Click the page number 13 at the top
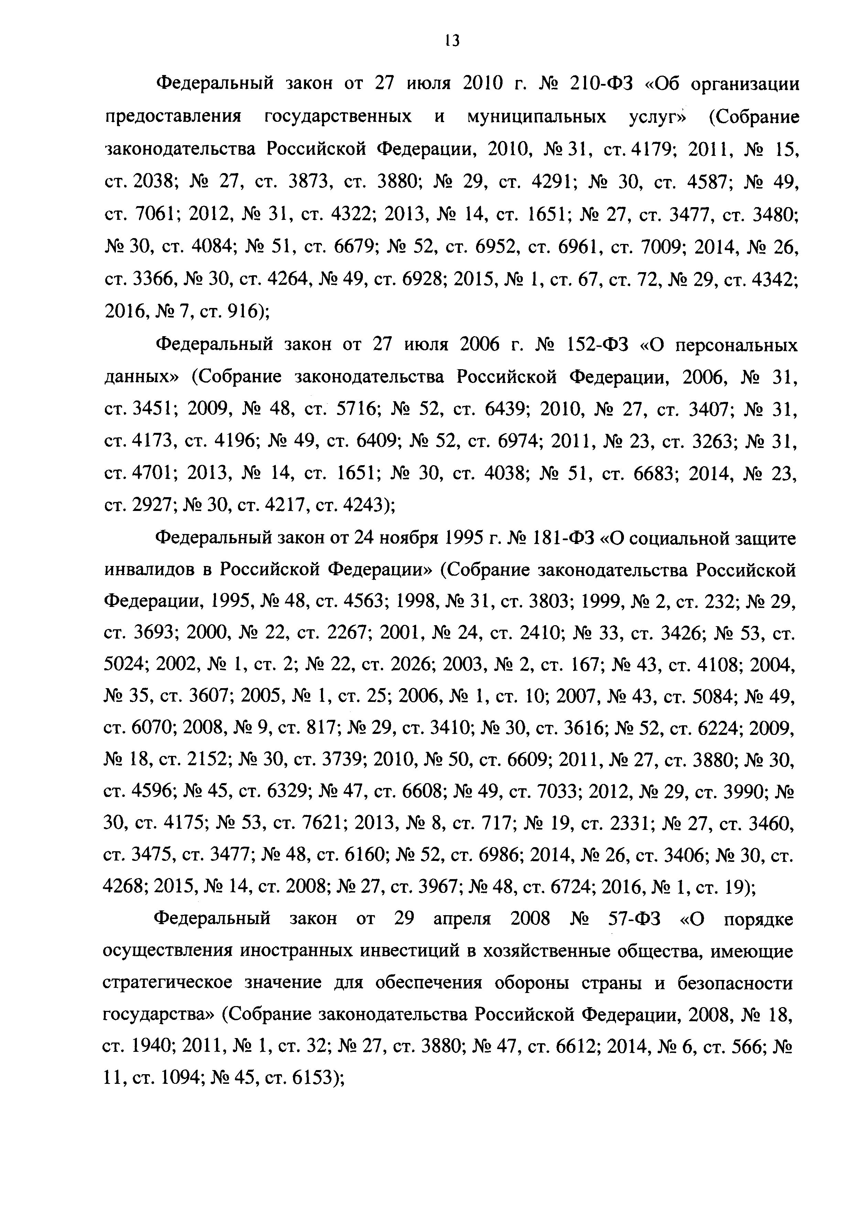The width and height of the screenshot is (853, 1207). pos(452,41)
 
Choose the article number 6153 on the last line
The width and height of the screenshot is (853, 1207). pos(313,1079)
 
